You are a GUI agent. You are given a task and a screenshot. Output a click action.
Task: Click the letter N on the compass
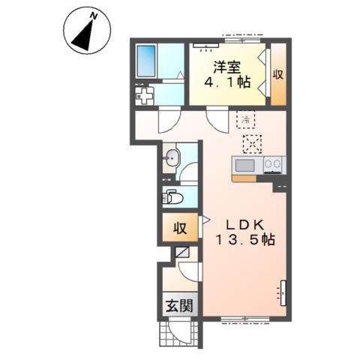pos(94,16)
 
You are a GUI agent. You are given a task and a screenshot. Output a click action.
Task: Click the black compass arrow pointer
pos(84,37)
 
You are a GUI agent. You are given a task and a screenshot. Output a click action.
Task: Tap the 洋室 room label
pos(227,67)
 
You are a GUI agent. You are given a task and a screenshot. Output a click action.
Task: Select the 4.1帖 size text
pos(227,82)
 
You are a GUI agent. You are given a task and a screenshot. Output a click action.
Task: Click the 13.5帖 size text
pos(245,240)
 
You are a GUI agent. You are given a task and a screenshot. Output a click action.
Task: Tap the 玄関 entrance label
pos(179,305)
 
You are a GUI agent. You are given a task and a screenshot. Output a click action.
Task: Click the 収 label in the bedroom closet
pos(277,74)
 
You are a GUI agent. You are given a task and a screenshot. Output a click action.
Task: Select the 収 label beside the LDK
pos(180,228)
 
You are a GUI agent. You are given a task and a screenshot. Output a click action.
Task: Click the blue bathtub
pos(146,61)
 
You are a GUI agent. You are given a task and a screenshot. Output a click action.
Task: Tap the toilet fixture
pos(172,198)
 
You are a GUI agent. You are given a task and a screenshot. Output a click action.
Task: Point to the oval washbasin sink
pos(171,158)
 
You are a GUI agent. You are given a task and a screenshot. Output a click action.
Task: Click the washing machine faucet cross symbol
pos(144,95)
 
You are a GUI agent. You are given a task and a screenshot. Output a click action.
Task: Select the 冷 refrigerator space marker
pos(246,119)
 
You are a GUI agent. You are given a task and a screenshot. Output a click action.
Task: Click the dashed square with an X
pos(253,144)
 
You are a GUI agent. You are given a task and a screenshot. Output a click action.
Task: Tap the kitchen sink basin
pos(245,166)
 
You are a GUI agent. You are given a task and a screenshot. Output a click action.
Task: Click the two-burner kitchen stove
pos(272,165)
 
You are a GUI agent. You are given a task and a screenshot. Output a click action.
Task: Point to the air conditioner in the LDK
pos(283,293)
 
